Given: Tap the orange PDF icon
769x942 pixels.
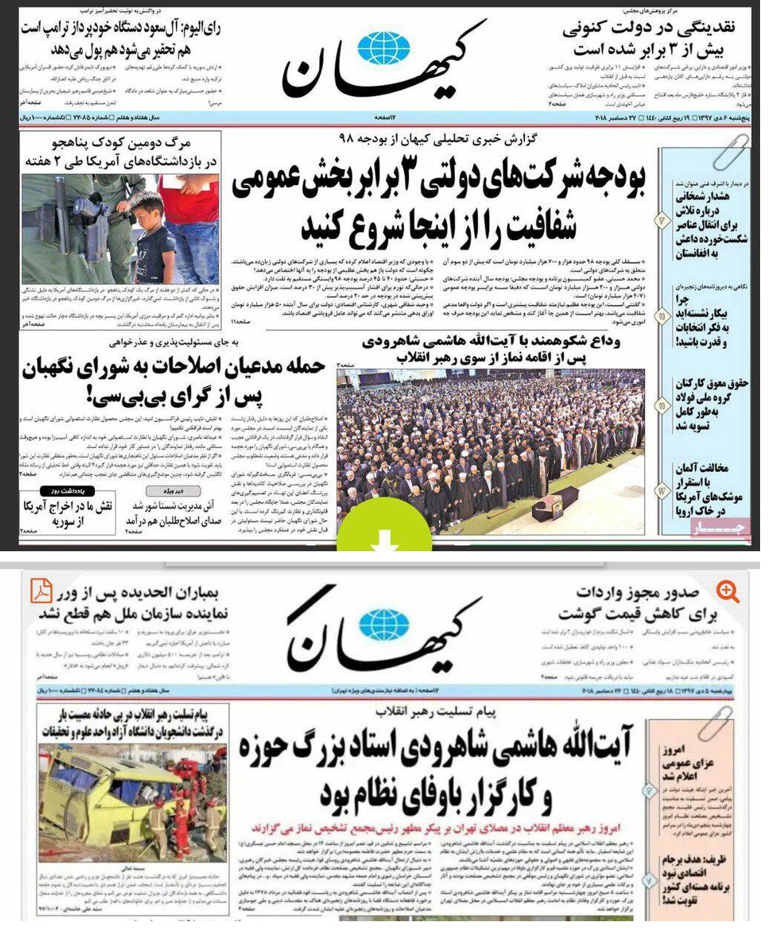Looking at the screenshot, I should point(41,591).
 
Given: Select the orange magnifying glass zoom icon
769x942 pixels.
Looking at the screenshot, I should point(727,591).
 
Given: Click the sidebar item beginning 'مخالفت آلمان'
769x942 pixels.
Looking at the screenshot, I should point(701,490).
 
